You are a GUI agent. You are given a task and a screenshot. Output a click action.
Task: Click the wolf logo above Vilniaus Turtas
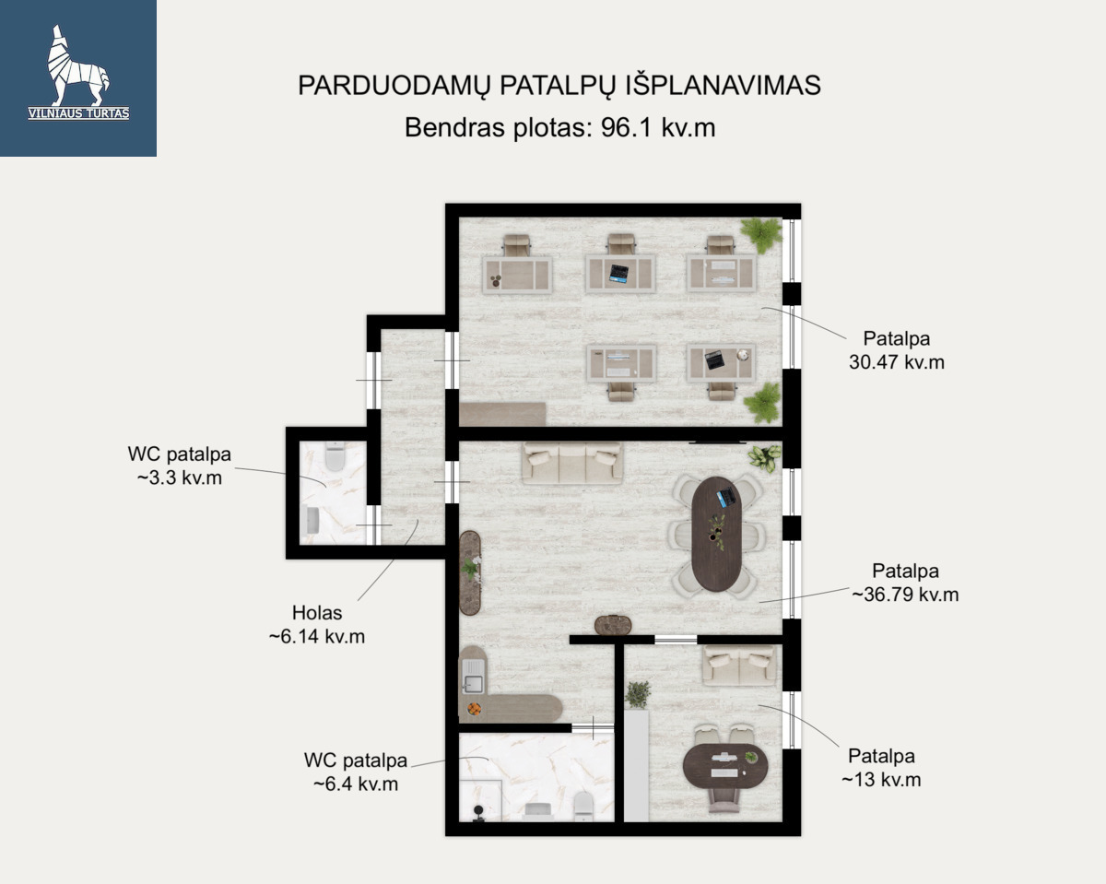pos(77,65)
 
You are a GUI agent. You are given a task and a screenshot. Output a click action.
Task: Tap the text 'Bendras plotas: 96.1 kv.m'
pos(559,127)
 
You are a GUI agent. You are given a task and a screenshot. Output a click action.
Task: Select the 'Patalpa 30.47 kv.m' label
pos(896,350)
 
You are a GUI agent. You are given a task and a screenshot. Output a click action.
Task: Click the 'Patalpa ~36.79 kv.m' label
pos(905,583)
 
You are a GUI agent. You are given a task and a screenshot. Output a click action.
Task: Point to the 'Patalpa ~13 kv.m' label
pos(881,768)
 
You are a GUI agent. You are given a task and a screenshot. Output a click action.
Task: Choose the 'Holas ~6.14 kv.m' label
pos(316,624)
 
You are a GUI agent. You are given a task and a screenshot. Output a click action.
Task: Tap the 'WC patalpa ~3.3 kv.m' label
pos(180,466)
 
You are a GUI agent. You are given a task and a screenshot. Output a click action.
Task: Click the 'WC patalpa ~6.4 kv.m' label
pos(356,772)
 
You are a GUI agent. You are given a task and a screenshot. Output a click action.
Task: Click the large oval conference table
pos(716,534)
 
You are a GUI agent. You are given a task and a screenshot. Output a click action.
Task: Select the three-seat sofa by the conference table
pos(572,463)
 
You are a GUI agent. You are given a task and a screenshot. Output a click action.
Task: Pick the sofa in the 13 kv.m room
pos(739,666)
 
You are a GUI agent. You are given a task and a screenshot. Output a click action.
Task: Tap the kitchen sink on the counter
pos(473,677)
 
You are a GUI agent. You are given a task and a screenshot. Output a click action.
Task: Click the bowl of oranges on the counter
pos(474,709)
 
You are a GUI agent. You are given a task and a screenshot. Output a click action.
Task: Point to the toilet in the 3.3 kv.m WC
pos(335,456)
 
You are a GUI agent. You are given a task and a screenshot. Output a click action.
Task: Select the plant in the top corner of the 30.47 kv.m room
pos(761,235)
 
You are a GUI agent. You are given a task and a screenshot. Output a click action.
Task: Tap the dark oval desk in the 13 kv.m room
pos(725,766)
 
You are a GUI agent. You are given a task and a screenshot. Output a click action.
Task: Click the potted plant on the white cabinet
pos(638,694)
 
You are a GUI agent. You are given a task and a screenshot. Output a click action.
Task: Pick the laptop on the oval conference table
pos(726,497)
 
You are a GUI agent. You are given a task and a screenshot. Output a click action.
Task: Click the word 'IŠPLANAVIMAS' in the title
pos(724,86)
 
